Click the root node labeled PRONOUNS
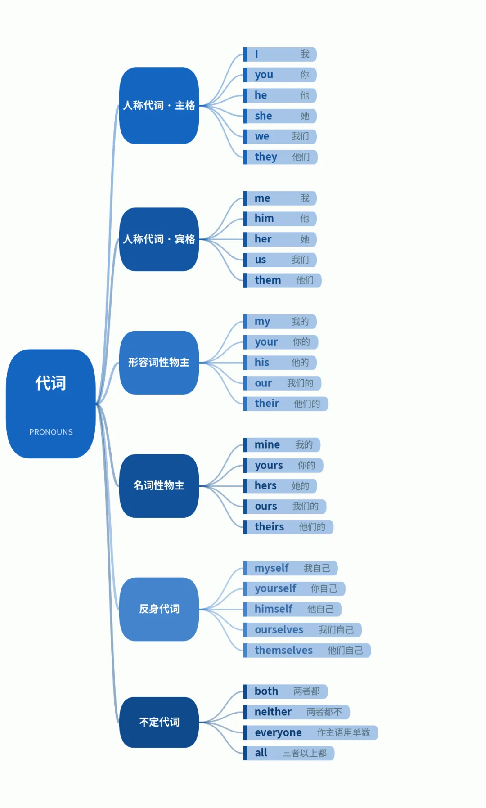51,404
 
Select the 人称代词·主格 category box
159,106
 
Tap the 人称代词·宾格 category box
159,239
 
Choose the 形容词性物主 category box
159,363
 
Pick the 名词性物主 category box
159,486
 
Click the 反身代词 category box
159,609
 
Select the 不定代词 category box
159,722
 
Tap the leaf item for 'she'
280,116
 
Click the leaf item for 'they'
280,157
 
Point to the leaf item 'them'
282,280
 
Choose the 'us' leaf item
280,260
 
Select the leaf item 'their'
286,404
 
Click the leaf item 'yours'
283,465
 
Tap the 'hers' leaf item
280,486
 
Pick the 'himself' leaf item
292,609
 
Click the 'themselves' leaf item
307,650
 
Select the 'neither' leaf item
297,712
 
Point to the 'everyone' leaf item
310,732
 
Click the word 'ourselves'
279,630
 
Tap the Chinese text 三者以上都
305,753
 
